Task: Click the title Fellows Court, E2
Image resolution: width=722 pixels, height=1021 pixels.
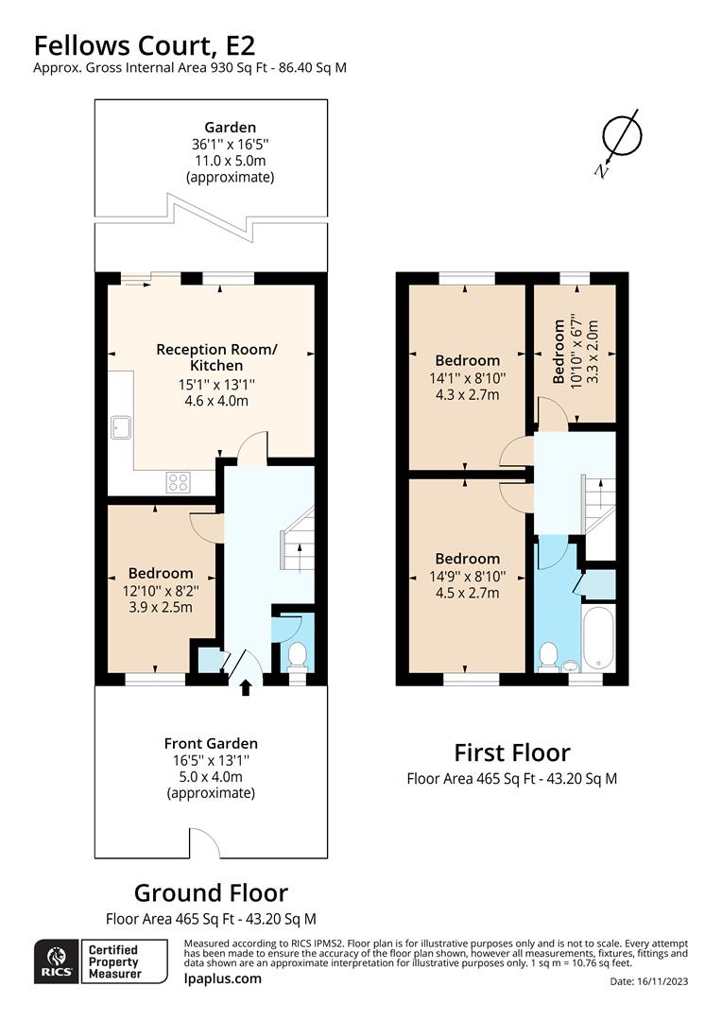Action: point(145,44)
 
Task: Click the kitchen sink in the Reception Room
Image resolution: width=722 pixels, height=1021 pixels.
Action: point(122,427)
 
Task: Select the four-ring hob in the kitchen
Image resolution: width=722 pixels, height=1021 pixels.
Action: point(179,482)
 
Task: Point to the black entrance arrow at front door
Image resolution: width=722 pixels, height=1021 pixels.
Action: point(246,687)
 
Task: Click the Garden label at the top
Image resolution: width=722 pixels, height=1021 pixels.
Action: point(231,128)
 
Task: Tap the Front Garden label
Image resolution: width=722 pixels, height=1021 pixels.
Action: point(210,743)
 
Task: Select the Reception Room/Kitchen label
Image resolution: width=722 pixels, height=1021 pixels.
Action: point(216,357)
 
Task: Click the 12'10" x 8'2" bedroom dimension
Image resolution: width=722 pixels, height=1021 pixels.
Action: point(161,590)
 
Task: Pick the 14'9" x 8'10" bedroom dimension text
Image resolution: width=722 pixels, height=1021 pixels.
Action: point(468,576)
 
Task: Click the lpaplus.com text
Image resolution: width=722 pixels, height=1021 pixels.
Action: point(222,978)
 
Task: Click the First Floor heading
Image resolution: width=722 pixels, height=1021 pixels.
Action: point(512,753)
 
